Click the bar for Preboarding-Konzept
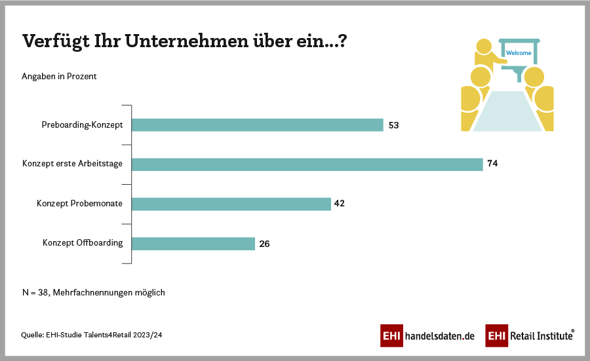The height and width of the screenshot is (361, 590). click(257, 125)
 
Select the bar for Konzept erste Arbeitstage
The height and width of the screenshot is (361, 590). click(307, 164)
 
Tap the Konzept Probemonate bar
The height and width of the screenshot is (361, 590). click(231, 204)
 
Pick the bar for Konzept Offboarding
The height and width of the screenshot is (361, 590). click(193, 243)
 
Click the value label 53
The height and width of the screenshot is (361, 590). click(394, 125)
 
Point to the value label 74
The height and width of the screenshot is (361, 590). click(493, 164)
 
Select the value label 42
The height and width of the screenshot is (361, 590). click(339, 204)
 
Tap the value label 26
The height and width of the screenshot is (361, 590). click(264, 244)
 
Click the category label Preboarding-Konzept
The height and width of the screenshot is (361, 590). click(82, 125)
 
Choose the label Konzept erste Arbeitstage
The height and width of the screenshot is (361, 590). click(72, 164)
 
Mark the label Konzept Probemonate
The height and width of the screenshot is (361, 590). click(80, 204)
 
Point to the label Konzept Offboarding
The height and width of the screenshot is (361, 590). click(83, 243)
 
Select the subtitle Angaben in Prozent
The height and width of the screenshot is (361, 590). click(60, 77)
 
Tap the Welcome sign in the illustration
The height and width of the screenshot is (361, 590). click(519, 53)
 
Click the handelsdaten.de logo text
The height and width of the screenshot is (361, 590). click(440, 336)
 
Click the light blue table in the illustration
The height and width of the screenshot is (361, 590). click(507, 111)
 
